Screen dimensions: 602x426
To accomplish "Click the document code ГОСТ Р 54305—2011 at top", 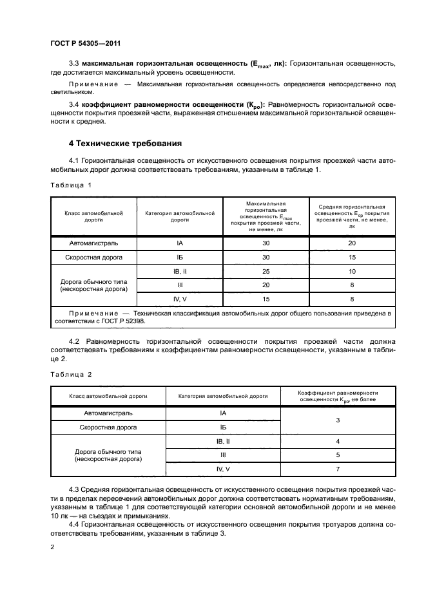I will coord(86,43).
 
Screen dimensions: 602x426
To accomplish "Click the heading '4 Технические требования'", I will coord(125,143).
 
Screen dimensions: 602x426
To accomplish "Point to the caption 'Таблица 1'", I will coord(71,185).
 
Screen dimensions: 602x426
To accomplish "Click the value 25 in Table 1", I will coord(266,272).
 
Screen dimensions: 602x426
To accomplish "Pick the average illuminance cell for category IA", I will coord(351,243).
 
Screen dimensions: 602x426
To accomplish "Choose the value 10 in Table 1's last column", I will coord(351,272).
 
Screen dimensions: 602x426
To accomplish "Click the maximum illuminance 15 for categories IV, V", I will coord(266,299).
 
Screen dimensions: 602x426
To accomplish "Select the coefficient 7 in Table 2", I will coord(338,469).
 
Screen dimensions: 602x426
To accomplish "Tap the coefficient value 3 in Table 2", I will coord(338,420).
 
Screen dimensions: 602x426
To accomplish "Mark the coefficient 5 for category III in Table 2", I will coord(338,455).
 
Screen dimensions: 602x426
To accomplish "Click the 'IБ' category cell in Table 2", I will coord(223,427).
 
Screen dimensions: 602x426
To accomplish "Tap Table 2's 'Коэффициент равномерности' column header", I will coord(338,395).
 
